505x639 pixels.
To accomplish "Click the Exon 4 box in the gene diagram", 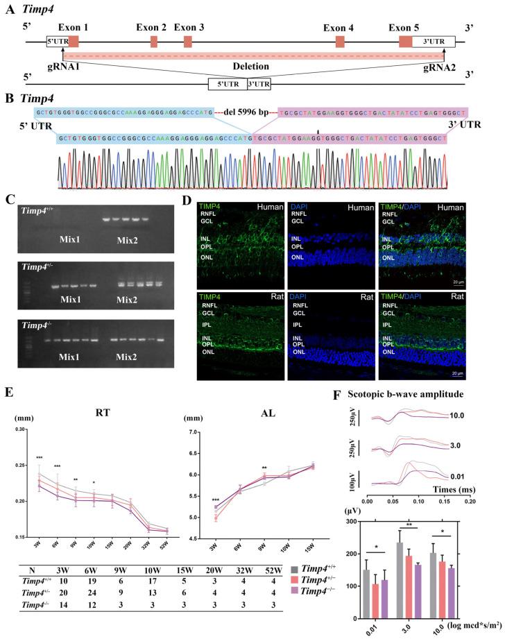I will point(340,42).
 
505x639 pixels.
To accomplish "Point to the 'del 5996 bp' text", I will point(249,111).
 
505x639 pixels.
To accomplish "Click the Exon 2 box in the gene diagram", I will point(153,42).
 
